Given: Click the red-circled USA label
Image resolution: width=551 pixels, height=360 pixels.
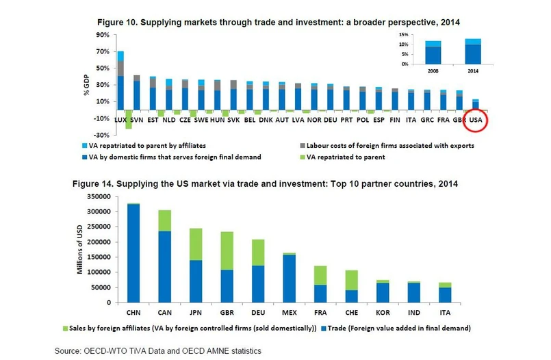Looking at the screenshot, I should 475,120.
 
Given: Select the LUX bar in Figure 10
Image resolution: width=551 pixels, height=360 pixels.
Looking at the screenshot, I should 120,82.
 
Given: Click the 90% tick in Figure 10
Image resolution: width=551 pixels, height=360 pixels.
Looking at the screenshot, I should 102,35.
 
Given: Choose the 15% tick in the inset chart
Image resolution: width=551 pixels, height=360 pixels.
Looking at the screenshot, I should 403,35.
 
